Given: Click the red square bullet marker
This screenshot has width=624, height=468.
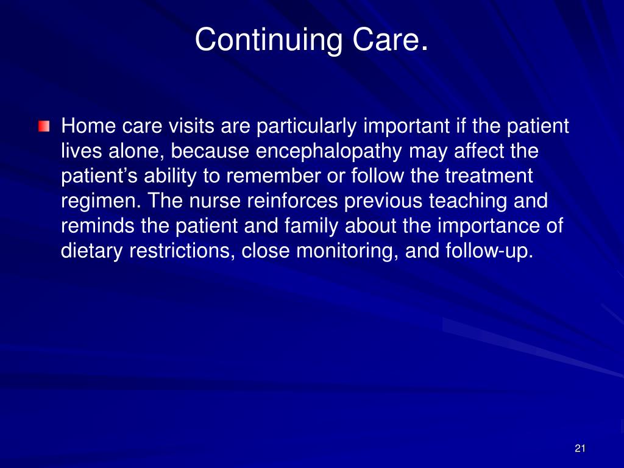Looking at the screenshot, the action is click(44, 127).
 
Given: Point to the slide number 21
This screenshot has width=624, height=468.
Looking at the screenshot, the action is click(580, 448).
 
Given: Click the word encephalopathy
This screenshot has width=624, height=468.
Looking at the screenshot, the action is click(328, 152).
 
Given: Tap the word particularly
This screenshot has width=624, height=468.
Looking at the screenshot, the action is click(307, 127).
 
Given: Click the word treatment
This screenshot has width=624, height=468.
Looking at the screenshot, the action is click(489, 176).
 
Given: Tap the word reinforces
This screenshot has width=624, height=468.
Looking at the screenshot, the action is click(292, 201).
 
